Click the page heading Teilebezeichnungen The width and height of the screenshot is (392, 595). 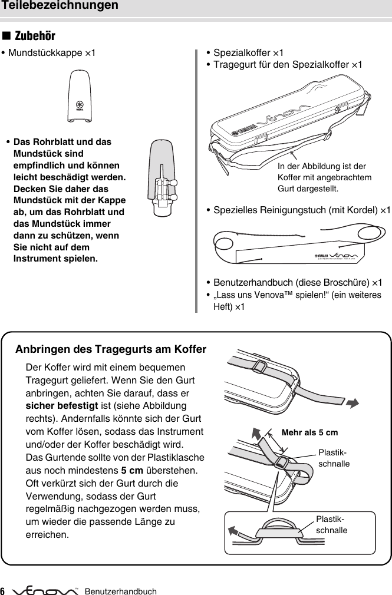(60, 6)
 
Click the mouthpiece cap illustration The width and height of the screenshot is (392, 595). (79, 96)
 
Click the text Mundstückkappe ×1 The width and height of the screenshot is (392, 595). (49, 53)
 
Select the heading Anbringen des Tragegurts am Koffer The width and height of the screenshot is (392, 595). (111, 349)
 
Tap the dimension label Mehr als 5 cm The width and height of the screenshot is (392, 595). (310, 432)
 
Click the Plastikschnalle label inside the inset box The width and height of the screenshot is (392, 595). (331, 524)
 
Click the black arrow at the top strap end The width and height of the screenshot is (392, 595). (353, 403)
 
